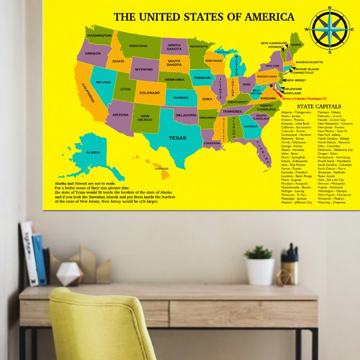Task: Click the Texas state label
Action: (178, 138)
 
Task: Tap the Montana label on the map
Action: (139, 46)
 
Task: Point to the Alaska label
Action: (93, 152)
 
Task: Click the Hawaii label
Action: (162, 168)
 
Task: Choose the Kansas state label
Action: (181, 97)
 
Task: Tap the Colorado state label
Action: (149, 93)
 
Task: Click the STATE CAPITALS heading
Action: (319, 106)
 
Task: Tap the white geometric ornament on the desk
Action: (70, 274)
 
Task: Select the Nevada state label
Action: (103, 82)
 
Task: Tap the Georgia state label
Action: (250, 126)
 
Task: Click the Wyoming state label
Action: (144, 69)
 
